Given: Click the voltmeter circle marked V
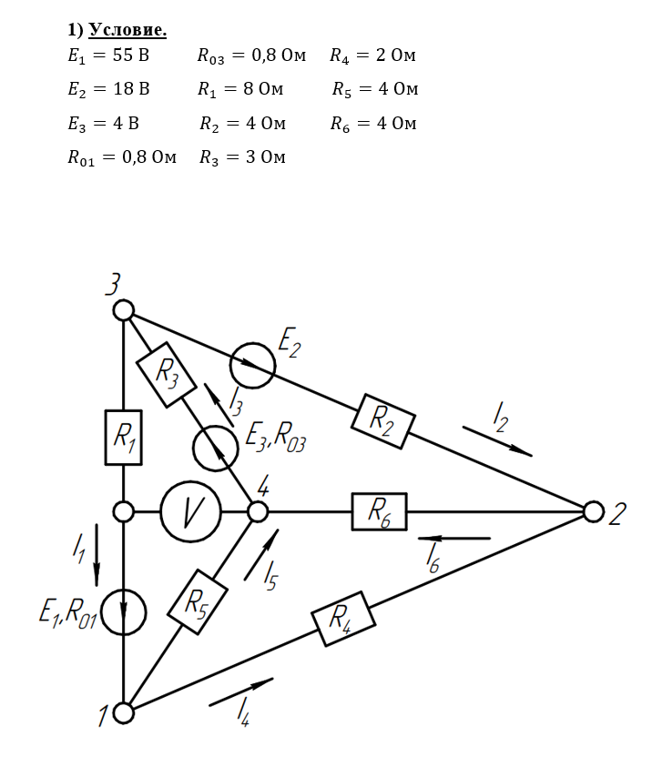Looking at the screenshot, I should (191, 511).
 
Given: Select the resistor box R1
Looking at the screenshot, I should (124, 437).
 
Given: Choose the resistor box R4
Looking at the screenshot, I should (342, 619).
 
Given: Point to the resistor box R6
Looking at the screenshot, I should (380, 511).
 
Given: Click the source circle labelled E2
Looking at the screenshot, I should (252, 366).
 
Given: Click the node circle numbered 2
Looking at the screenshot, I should (593, 512).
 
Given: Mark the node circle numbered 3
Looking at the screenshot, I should (124, 311).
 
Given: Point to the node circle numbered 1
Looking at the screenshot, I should (124, 712).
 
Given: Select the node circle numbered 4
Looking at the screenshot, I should (258, 511).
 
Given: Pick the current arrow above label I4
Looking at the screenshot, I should (241, 691).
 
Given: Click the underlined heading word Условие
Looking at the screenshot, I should (127, 30).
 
